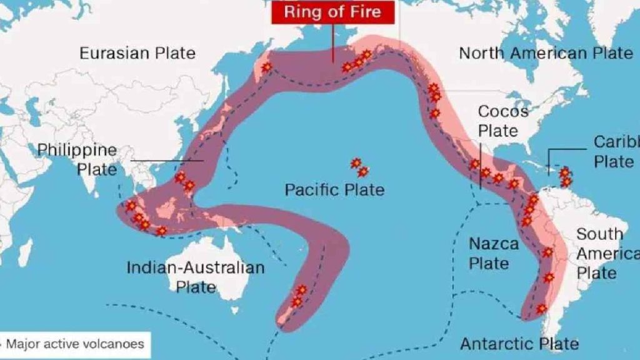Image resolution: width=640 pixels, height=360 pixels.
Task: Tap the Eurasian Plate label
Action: [137, 53]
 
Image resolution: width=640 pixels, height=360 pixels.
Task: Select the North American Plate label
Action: [546, 52]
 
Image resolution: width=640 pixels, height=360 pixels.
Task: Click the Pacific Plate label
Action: [334, 189]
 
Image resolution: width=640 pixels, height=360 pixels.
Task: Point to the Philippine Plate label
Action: [77, 159]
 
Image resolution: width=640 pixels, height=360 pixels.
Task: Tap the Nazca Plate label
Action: [494, 253]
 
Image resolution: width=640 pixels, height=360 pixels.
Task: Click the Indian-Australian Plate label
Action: [196, 277]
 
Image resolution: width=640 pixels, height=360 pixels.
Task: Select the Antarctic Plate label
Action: [519, 343]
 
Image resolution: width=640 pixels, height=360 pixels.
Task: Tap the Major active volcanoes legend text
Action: [75, 344]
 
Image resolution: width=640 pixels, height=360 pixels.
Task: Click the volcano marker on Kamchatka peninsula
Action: [267, 67]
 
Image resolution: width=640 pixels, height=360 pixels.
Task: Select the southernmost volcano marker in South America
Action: [541, 308]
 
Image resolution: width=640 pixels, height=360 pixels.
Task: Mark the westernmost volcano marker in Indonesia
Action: [131, 206]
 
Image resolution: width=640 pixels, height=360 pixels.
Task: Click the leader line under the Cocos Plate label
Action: [480, 166]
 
